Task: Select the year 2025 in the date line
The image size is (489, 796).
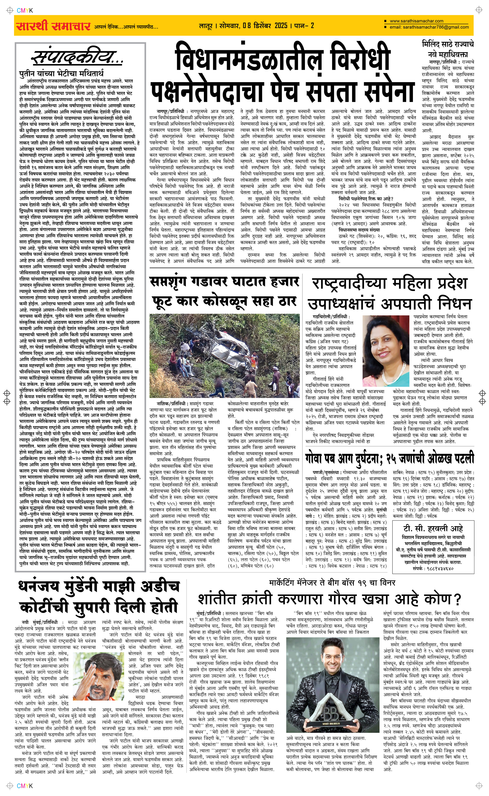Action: coord(281,25)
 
